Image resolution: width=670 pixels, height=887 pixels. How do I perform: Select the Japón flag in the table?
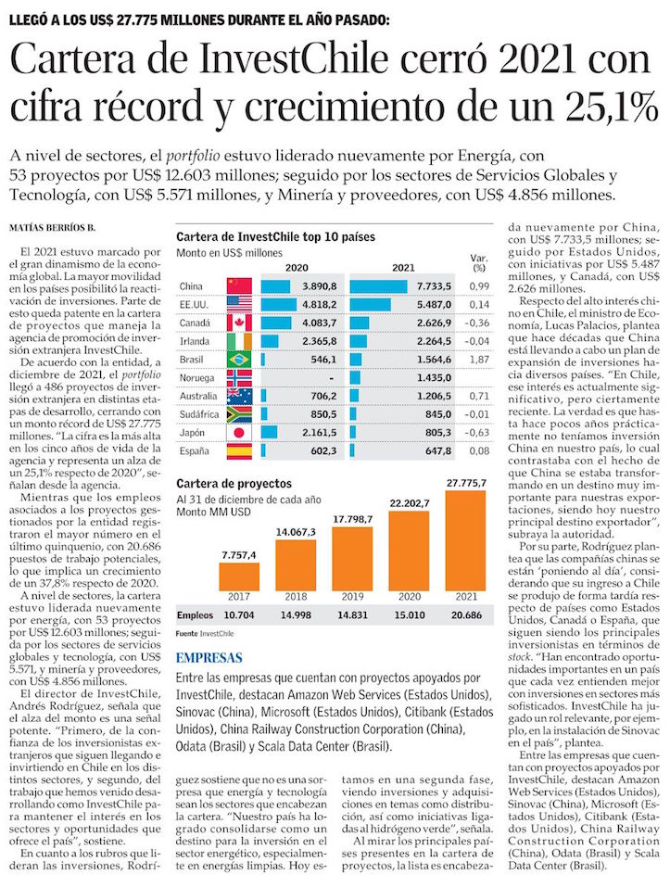[239, 433]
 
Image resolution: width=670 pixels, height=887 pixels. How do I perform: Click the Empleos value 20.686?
[465, 615]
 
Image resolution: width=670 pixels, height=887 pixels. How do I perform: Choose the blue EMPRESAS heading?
[211, 658]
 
